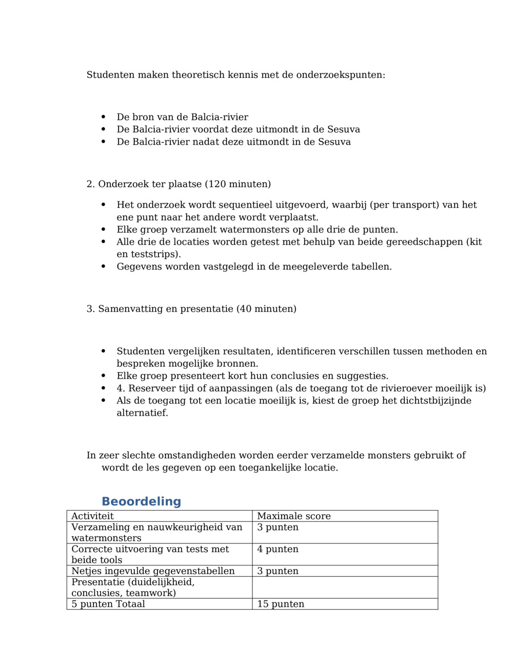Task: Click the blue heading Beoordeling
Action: coord(141,501)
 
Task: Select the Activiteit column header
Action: coord(92,516)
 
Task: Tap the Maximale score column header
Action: coord(293,516)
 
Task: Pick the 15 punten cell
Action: coord(281,604)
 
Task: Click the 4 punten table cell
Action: coord(278,549)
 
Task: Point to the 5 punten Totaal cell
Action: coord(108,604)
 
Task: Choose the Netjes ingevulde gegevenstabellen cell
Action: coord(153,571)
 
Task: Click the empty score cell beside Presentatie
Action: coord(345,588)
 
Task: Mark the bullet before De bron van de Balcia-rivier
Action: coord(104,117)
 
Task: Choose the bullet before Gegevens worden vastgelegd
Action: coord(104,267)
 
